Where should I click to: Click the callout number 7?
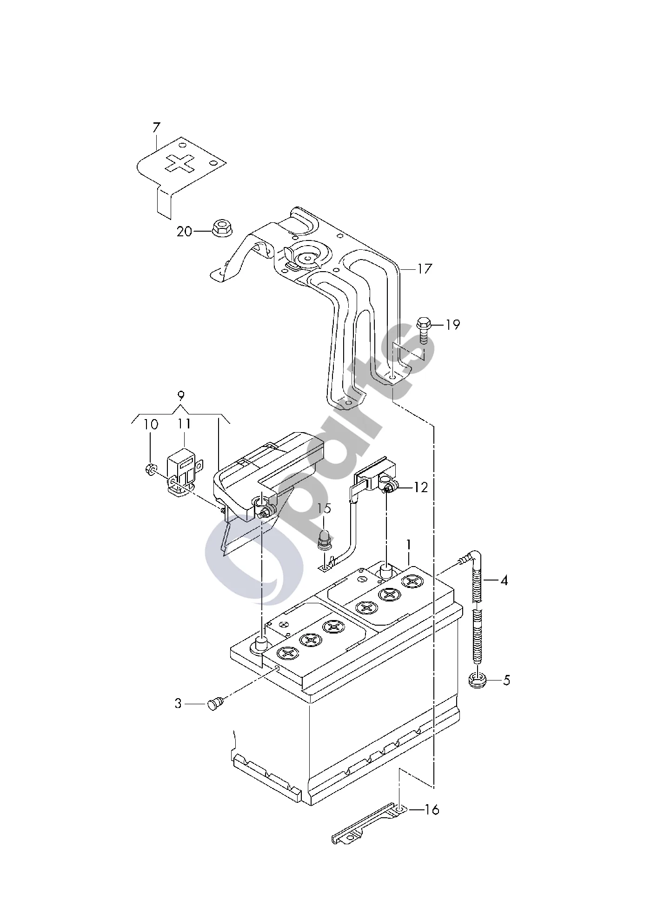pyautogui.click(x=156, y=128)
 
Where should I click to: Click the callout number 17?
pyautogui.click(x=425, y=269)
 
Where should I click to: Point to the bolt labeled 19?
pyautogui.click(x=423, y=329)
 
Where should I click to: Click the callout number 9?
pyautogui.click(x=181, y=396)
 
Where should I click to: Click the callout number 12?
pyautogui.click(x=420, y=487)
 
